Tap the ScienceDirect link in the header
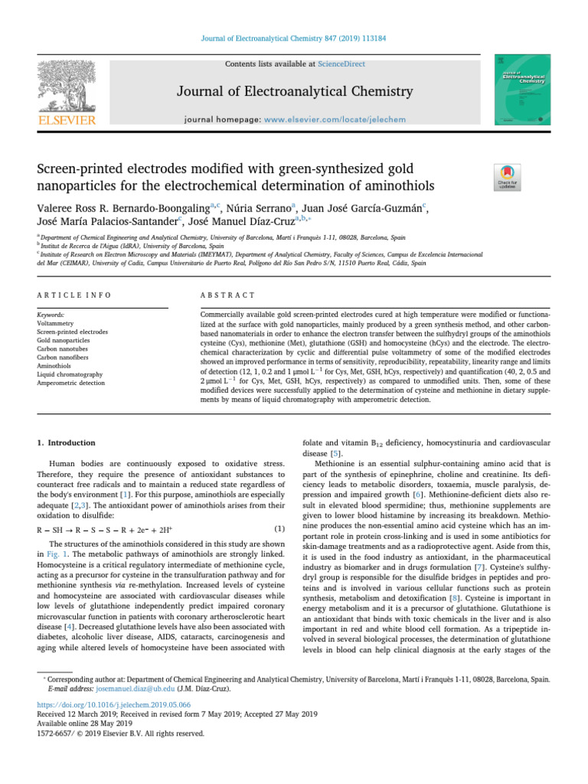343,64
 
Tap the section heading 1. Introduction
67,443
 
